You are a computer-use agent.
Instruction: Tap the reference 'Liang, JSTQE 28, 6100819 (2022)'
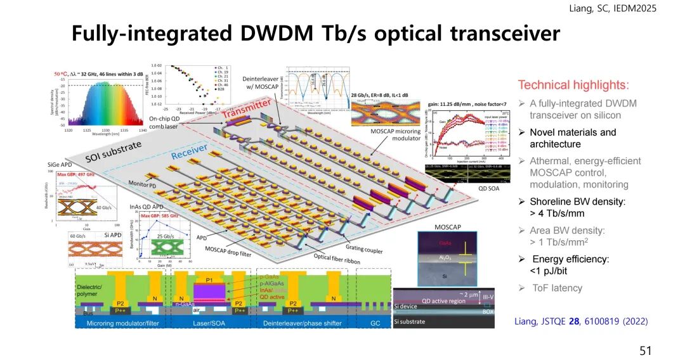pos(580,322)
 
